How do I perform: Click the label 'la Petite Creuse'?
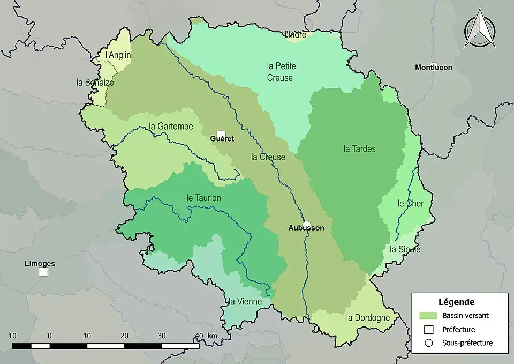(x=281, y=72)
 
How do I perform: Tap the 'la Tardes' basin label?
(x=359, y=148)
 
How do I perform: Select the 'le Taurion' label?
(x=203, y=198)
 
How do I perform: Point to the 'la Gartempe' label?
(x=170, y=127)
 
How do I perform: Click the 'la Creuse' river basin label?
(x=268, y=157)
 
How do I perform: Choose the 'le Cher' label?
(x=411, y=203)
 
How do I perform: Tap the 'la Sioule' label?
(x=405, y=249)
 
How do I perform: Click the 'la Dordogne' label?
(x=368, y=317)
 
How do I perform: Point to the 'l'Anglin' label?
(x=118, y=54)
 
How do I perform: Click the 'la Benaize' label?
(x=95, y=83)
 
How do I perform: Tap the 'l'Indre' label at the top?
(x=296, y=35)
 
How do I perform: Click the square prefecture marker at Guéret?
(x=221, y=135)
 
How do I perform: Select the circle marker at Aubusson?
(x=306, y=225)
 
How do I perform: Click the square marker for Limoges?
(x=43, y=272)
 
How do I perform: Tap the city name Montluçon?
(x=433, y=68)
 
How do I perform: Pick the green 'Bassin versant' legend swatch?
(x=429, y=316)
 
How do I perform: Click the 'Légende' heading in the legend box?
(x=456, y=302)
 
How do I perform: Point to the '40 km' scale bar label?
(x=205, y=336)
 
